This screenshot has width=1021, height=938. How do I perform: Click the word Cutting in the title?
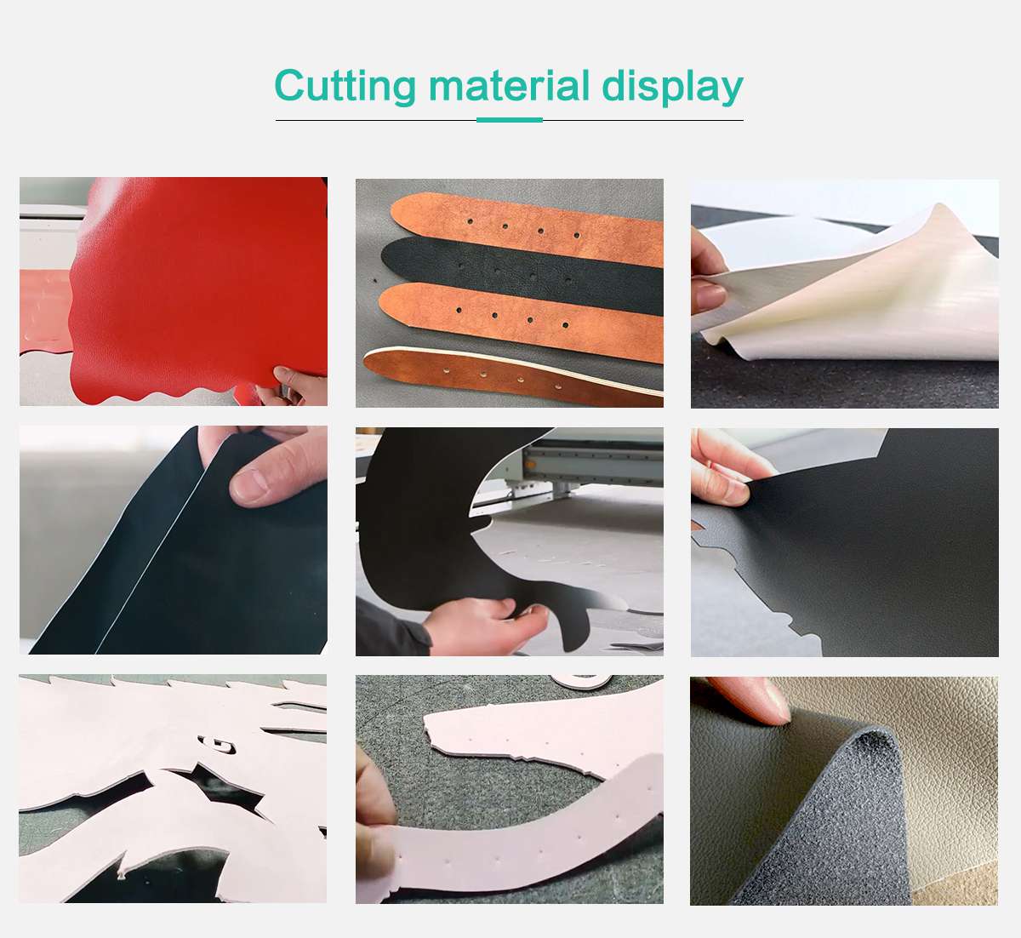point(345,87)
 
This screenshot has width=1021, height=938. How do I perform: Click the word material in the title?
point(509,87)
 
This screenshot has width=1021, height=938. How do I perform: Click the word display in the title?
point(672,87)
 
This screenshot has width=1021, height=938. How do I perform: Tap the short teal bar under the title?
point(509,120)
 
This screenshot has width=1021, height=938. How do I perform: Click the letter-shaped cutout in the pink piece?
point(223,746)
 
